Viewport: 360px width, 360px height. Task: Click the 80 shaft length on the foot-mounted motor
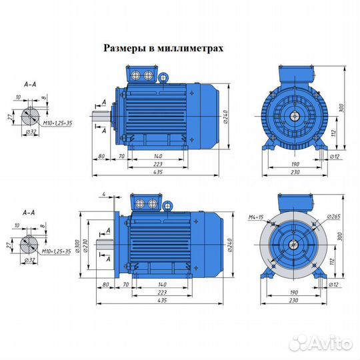pos(101,156)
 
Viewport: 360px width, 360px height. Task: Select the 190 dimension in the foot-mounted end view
pos(294,162)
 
